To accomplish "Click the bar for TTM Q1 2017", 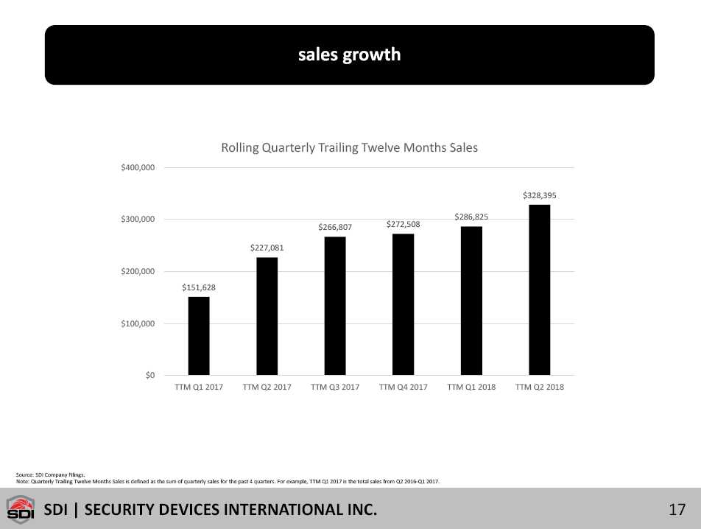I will coord(199,336).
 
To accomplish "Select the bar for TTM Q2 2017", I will coord(267,316).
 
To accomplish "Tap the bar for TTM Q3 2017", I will coord(335,306).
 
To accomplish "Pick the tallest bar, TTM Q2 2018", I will coord(539,290).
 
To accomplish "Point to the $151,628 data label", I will coord(199,287).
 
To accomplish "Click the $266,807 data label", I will coord(335,227).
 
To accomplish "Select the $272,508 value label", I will coord(403,224).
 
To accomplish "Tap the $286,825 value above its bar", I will coord(471,217).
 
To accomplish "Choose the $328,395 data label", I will coord(539,195).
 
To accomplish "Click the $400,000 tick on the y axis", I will coord(138,167).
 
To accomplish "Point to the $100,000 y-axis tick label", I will coord(138,323).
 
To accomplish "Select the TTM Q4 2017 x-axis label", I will coord(403,387).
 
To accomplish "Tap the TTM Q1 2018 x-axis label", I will coord(471,387).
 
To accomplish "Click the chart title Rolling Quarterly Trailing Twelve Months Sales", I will coord(350,148).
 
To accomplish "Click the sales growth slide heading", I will coord(350,55).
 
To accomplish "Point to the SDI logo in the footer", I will coord(21,510).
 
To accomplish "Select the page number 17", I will coord(677,509).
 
